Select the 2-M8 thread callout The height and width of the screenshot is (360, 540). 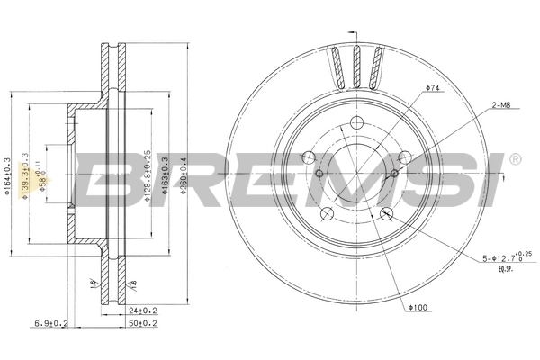tap(501, 106)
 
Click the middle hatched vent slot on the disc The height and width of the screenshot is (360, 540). tap(356, 66)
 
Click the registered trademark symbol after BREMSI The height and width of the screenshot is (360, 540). tap(514, 159)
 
